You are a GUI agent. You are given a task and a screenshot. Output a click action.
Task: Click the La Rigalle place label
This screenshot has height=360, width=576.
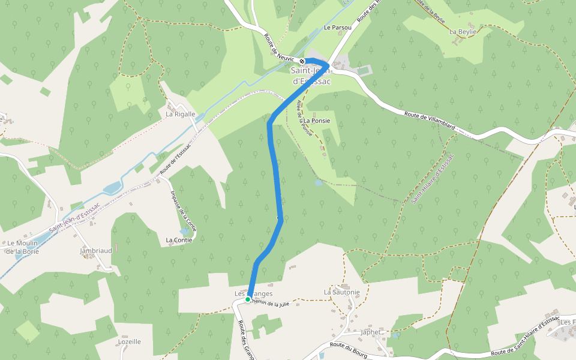[x=181, y=113]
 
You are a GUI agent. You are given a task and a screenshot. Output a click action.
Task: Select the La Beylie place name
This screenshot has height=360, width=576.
[x=463, y=31]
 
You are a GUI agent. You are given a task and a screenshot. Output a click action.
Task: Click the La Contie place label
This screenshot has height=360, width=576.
[x=179, y=240]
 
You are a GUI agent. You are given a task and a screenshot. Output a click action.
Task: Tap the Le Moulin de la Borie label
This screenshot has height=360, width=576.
[x=22, y=247]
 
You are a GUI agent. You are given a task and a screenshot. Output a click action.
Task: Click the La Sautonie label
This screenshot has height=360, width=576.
[x=341, y=292]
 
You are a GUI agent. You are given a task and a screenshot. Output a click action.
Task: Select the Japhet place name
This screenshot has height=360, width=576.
[x=370, y=332]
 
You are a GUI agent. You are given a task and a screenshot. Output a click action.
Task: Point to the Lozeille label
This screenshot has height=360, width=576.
[x=130, y=341]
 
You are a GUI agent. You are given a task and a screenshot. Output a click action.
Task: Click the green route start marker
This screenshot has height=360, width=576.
[x=248, y=299]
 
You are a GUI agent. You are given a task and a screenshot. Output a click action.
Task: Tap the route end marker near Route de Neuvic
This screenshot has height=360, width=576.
[x=302, y=61]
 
